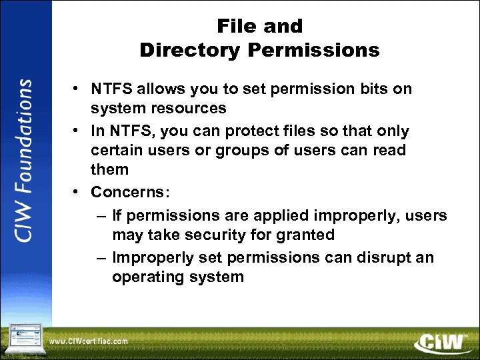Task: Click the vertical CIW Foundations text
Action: pyautogui.click(x=24, y=161)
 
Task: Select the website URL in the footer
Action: pyautogui.click(x=88, y=341)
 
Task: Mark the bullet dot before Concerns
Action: pyautogui.click(x=78, y=193)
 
